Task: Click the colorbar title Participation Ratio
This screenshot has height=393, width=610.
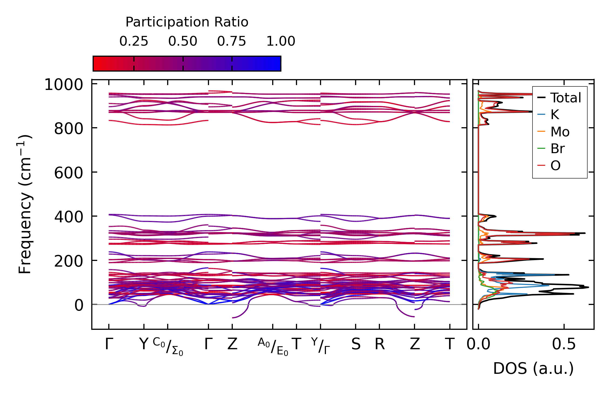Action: tap(187, 22)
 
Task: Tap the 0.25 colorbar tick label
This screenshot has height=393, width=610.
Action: tap(134, 41)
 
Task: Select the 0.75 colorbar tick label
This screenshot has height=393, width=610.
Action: tap(231, 41)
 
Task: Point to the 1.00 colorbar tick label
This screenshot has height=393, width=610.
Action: tap(281, 41)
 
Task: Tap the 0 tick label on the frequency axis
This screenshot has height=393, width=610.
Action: tap(79, 305)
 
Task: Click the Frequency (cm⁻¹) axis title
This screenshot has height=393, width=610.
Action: tap(25, 204)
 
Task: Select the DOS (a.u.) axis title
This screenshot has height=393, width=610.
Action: tap(533, 368)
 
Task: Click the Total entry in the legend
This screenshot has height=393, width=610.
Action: tap(565, 98)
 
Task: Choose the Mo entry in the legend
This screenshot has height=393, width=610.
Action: tap(560, 132)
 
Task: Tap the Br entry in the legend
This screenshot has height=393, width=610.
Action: tap(557, 149)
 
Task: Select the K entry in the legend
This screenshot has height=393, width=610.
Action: tap(555, 115)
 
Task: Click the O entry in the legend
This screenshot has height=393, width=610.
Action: tap(555, 166)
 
